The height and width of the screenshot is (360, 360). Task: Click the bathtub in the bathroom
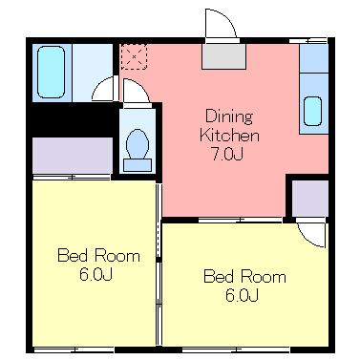click(x=51, y=72)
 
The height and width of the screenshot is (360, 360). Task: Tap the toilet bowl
click(x=138, y=144)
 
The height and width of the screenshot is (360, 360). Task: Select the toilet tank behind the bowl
click(x=138, y=165)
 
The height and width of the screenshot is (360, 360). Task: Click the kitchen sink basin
click(x=312, y=111)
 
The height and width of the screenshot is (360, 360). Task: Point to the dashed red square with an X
click(x=134, y=56)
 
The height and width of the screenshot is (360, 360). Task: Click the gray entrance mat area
click(x=224, y=56)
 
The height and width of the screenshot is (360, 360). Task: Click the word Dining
click(x=229, y=116)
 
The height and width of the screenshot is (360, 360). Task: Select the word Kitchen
click(x=229, y=136)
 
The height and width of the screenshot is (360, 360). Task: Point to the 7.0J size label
click(x=228, y=155)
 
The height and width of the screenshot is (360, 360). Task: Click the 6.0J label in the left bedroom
click(x=95, y=275)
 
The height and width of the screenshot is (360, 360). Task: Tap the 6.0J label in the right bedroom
click(x=242, y=295)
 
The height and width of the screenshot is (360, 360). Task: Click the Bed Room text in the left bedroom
click(x=98, y=256)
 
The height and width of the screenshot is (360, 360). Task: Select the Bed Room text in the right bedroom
click(x=244, y=276)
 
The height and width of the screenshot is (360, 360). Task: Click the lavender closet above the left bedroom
click(x=73, y=156)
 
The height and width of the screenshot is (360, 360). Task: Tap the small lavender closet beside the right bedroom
click(x=310, y=199)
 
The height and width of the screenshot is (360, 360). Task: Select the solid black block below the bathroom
click(x=74, y=119)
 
